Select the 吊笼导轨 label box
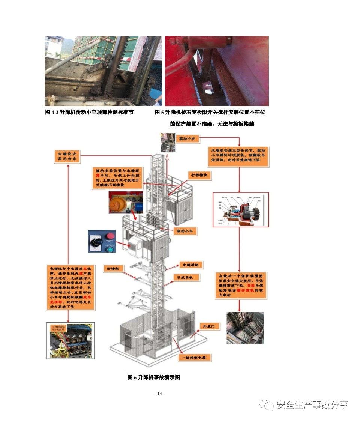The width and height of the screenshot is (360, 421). coord(186,278)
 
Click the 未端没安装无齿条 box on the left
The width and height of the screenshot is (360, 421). coord(67,156)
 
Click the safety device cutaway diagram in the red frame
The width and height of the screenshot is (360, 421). coord(241,210)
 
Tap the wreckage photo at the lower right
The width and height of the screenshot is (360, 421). coord(245,328)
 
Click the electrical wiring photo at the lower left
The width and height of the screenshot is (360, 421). coord(70,340)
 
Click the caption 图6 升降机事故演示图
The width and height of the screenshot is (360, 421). coord(154,377)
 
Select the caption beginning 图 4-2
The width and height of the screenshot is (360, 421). coord(89,112)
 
